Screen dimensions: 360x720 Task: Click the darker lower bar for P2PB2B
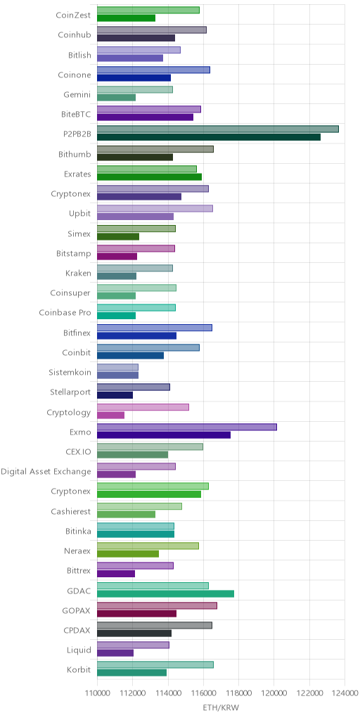209,137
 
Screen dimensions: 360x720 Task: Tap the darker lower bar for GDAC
166,593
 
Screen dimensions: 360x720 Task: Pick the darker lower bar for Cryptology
110,415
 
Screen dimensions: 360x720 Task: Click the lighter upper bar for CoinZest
148,10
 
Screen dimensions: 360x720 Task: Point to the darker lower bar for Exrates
150,176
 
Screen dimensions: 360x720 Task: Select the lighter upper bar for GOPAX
157,605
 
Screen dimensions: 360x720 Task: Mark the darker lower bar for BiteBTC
145,117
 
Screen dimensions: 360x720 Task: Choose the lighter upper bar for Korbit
155,665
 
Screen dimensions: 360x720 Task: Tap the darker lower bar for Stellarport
115,395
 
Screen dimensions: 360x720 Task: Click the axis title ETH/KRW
221,707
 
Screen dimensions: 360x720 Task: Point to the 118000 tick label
238,692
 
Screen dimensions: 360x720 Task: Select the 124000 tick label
345,692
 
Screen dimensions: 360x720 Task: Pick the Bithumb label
75,154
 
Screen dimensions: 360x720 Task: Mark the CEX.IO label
79,452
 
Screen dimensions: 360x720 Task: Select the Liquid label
79,650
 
